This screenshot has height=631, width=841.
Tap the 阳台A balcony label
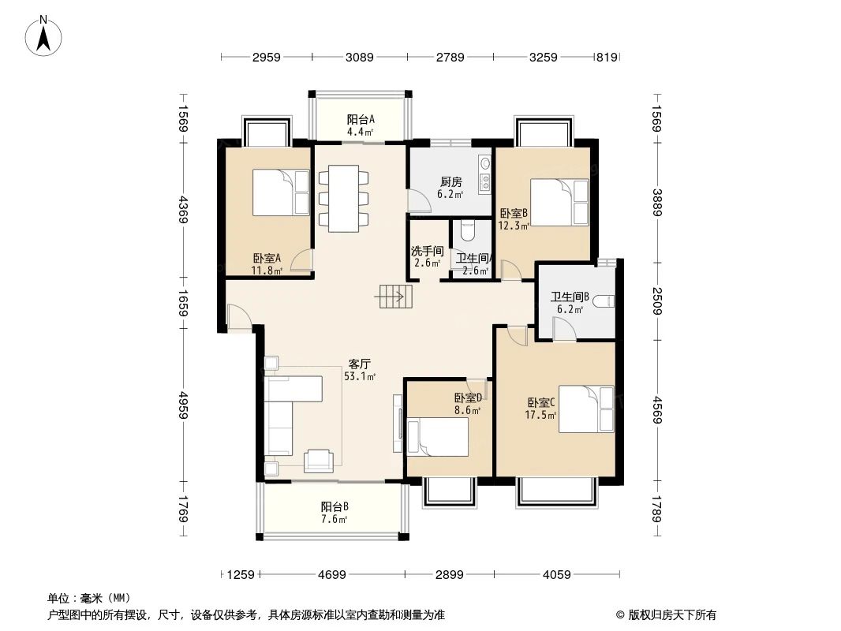pos(361,125)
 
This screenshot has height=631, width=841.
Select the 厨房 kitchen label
pos(451,186)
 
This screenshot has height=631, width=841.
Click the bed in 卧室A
pos(281,192)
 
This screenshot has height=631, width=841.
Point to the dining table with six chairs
pos(344,197)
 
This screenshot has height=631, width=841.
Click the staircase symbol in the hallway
pos(393,297)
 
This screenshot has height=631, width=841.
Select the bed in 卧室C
pos(586,409)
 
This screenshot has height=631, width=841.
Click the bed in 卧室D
pos(438,436)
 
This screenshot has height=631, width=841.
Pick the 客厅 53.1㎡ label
pos(360,370)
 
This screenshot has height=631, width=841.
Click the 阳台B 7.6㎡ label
pos(335,512)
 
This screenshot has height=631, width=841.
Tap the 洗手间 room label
pos(427,257)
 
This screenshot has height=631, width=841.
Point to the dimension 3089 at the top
pos(360,58)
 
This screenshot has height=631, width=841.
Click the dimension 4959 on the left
pos(183,407)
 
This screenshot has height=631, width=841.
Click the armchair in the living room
pos(320,460)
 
